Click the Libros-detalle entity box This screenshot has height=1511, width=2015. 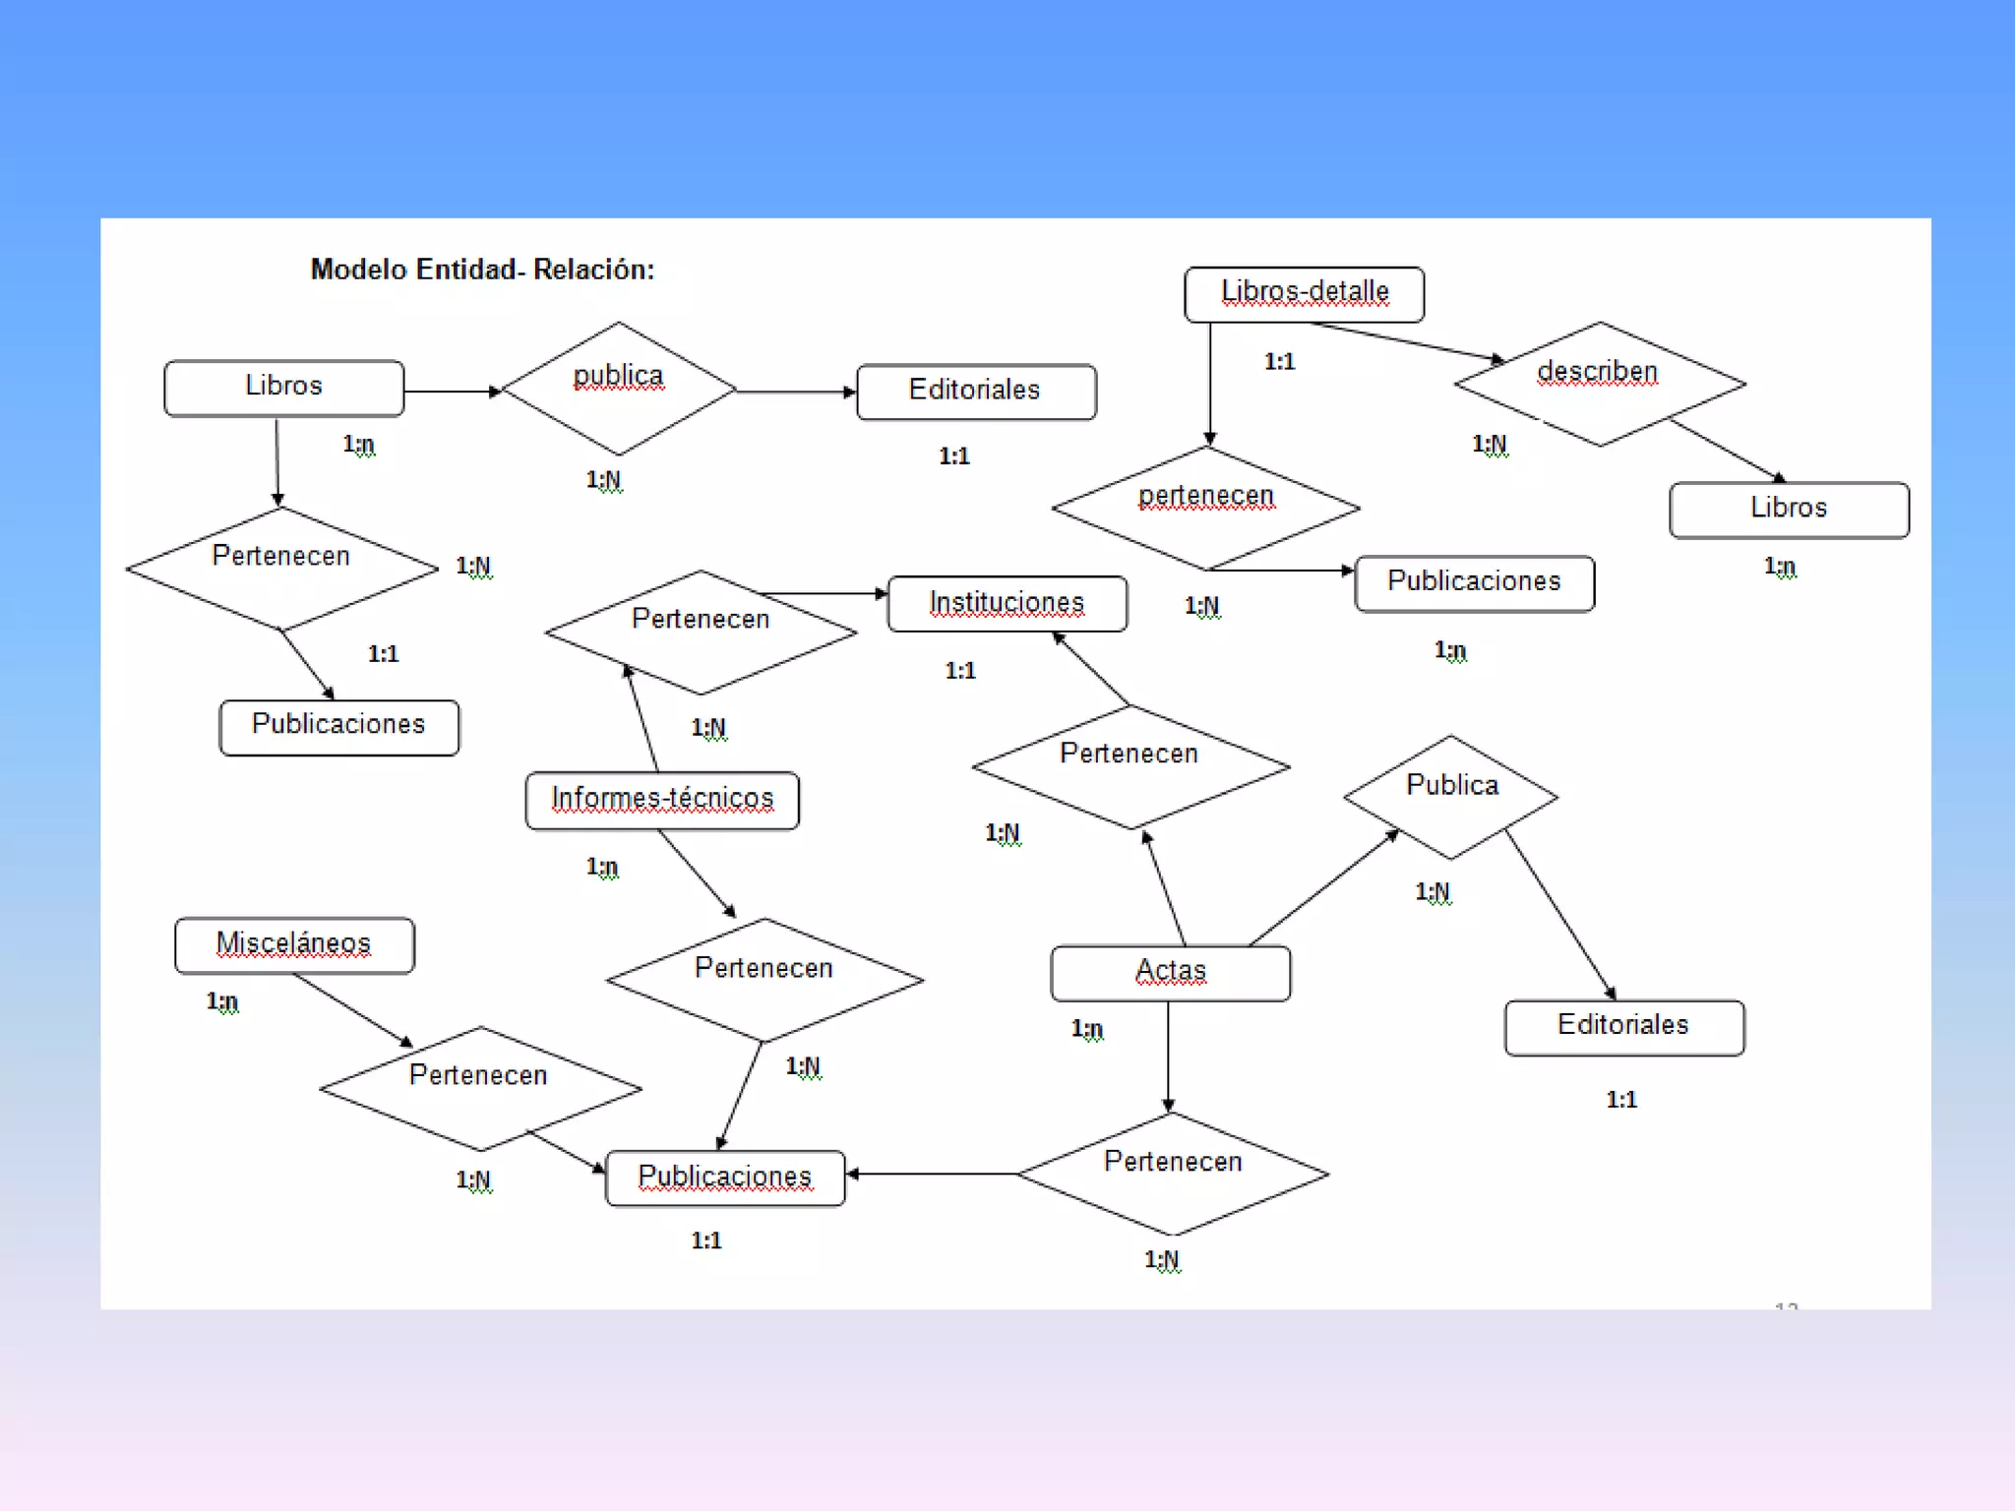coord(1304,294)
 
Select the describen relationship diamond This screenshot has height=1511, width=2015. coord(1599,384)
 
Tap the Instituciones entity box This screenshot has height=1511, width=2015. coord(1007,603)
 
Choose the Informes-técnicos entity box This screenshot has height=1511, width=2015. coord(662,800)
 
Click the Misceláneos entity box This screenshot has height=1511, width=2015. coord(294,945)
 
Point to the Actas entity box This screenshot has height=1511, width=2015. coord(1170,973)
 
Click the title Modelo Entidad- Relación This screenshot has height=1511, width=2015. coord(482,270)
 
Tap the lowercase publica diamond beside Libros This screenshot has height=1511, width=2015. coord(618,389)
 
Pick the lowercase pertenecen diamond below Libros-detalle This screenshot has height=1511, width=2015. coord(1206,508)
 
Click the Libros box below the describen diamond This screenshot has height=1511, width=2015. coord(1789,510)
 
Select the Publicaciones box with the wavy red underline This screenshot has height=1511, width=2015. coord(725,1178)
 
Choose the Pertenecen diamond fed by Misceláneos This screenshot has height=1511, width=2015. coord(480,1088)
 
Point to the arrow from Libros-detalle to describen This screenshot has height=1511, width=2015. coord(1407,341)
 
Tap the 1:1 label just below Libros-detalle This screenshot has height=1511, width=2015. coord(1279,362)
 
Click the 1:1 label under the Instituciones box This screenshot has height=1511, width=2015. coord(960,671)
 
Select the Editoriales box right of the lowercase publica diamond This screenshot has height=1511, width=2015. coord(975,392)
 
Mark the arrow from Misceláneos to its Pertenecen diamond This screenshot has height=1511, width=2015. coord(352,1009)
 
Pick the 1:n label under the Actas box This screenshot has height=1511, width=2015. coord(1087,1029)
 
